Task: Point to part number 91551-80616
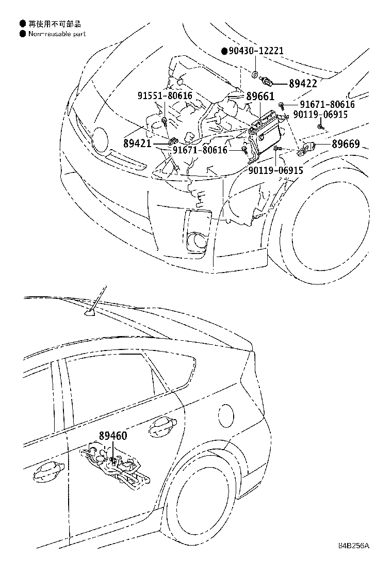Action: pos(165,95)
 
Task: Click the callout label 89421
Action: pos(138,143)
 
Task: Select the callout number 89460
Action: pos(112,436)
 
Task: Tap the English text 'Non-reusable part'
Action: pos(56,34)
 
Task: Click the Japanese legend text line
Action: pos(54,24)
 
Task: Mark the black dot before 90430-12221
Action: pos(224,51)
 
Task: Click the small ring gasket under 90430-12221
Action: pos(256,75)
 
